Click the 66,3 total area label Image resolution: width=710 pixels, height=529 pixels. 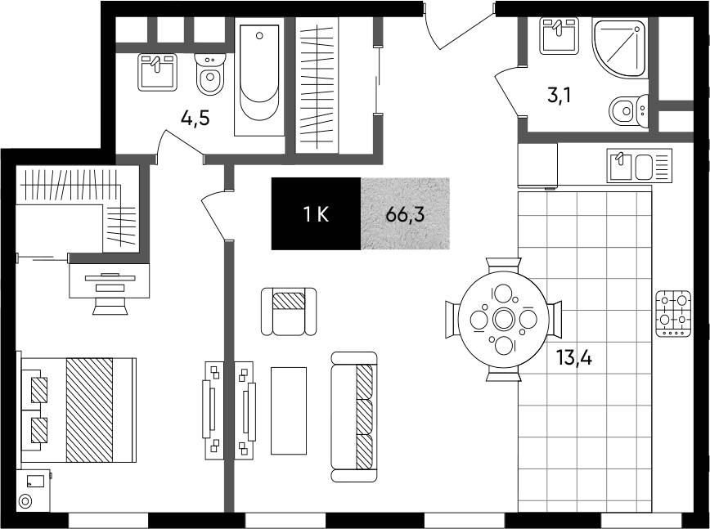tap(405, 214)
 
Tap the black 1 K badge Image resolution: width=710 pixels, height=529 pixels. tap(316, 213)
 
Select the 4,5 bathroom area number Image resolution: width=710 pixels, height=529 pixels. tap(195, 119)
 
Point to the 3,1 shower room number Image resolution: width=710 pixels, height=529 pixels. tap(559, 96)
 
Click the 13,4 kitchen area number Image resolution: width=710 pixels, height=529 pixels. tap(574, 357)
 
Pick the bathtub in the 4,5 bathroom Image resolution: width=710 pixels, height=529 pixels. tap(259, 77)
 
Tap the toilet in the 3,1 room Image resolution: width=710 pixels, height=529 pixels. tap(629, 111)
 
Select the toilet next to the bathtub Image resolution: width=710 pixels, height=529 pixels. tap(210, 74)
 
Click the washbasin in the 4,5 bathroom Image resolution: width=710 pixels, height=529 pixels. tap(157, 72)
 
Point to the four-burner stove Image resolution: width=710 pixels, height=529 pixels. tap(673, 314)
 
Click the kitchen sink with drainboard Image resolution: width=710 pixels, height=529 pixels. tap(640, 166)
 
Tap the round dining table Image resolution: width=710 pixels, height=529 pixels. tap(503, 320)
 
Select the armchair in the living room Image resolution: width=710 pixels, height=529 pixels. tap(289, 312)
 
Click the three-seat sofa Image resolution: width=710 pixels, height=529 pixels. tap(354, 416)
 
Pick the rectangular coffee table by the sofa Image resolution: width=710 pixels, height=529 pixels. tap(289, 410)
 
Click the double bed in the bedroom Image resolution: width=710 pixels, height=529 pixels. tap(78, 410)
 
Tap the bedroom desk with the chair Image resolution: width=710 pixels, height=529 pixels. tap(109, 289)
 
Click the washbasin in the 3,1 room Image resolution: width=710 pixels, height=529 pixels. tap(559, 36)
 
